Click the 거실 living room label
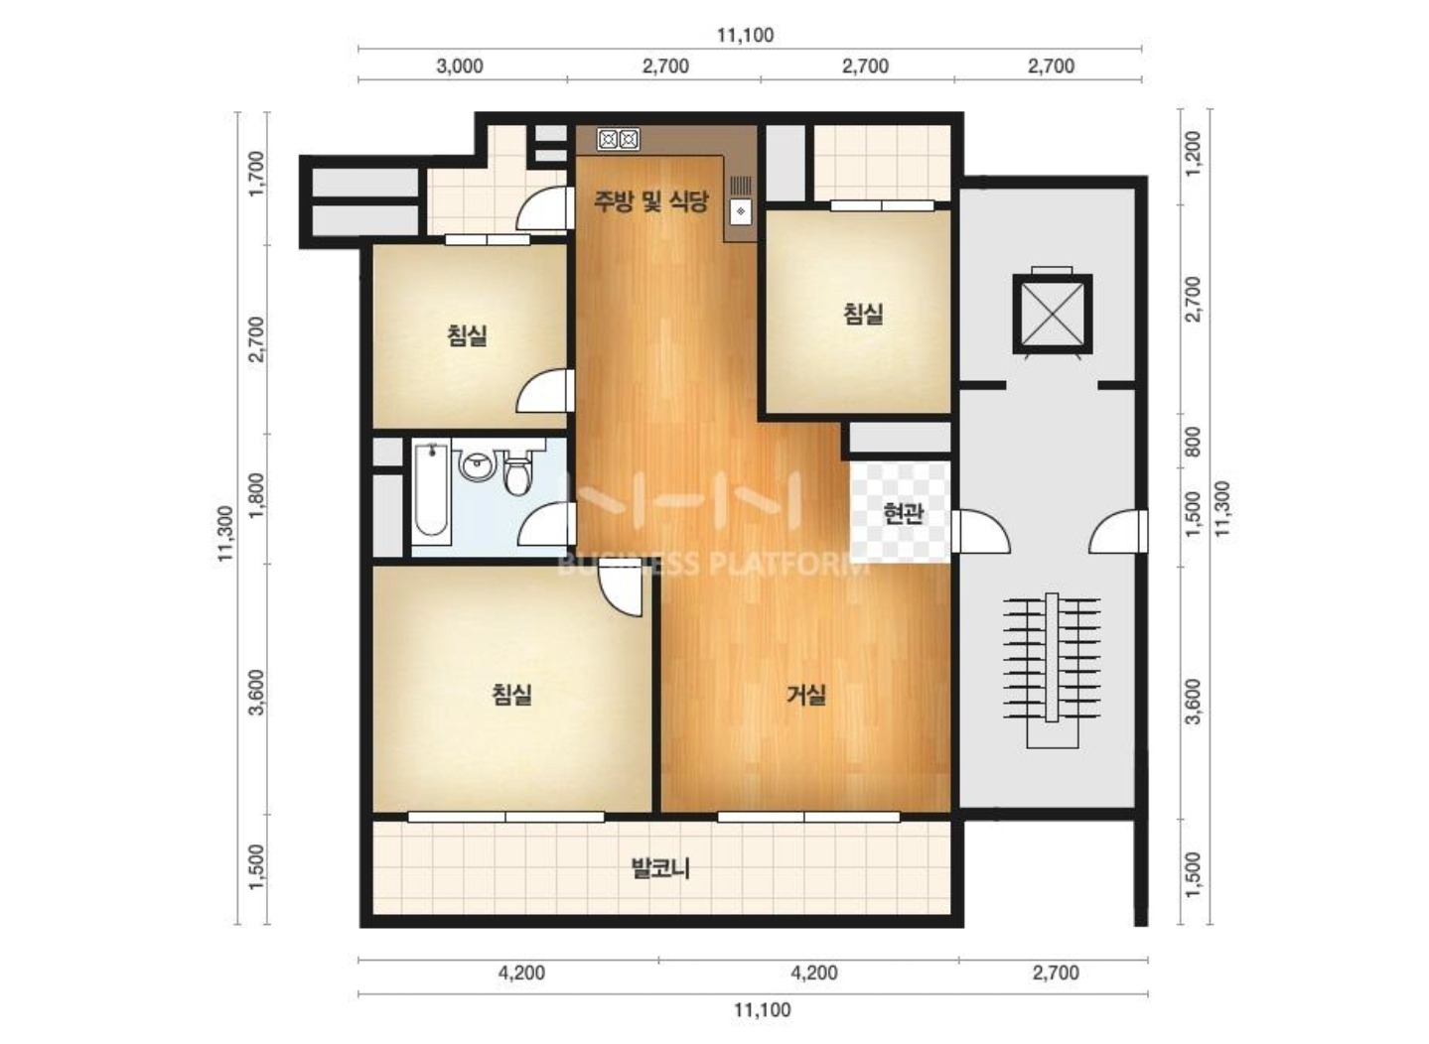click(806, 694)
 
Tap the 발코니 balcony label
click(660, 868)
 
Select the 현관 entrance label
click(904, 513)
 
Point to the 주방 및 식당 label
click(650, 201)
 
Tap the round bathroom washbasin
click(476, 464)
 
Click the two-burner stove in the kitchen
click(618, 139)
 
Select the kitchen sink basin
click(740, 211)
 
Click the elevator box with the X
click(1052, 314)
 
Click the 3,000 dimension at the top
click(460, 65)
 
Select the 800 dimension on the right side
click(1192, 441)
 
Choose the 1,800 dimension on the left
click(256, 495)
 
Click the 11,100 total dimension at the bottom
click(763, 1009)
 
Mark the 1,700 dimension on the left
click(256, 174)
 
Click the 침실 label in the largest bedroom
click(511, 694)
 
